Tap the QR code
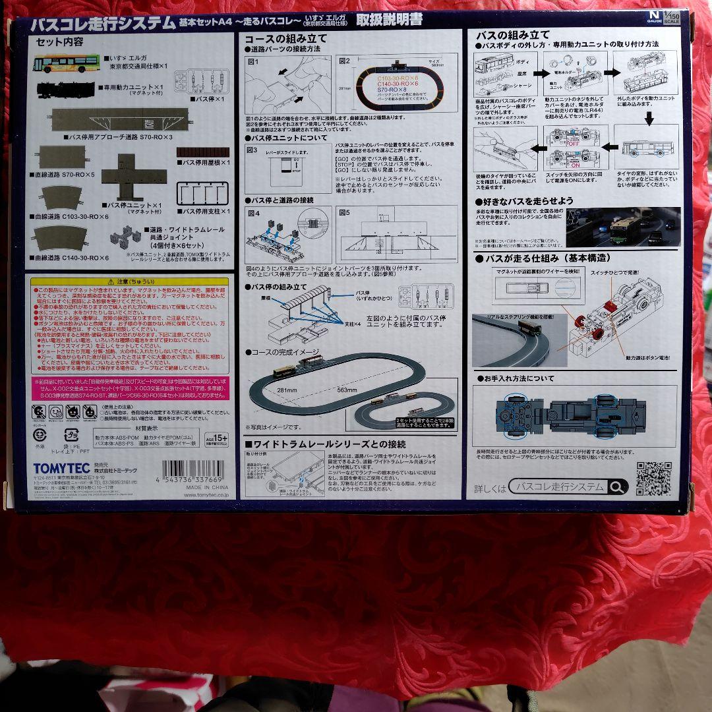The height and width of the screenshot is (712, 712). (653, 478)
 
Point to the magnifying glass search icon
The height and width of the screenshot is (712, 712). (617, 487)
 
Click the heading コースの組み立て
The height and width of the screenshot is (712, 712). (285, 39)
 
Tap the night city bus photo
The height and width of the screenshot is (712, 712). (623, 227)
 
